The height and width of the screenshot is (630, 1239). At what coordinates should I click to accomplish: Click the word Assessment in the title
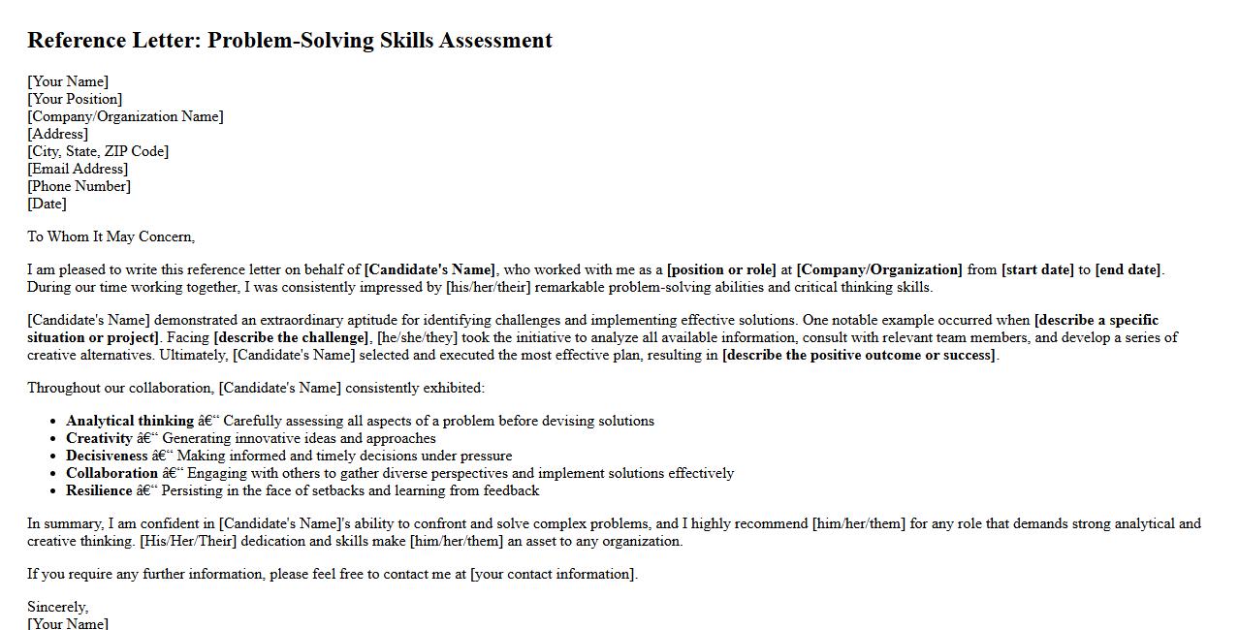click(x=495, y=41)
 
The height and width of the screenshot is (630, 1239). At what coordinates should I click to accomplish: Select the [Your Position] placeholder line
click(x=75, y=99)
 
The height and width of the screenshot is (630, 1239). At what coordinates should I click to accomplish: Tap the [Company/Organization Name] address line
click(x=125, y=116)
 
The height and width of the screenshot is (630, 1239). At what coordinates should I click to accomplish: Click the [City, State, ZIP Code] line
click(x=98, y=151)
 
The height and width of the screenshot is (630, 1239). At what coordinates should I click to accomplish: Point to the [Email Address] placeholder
click(x=78, y=169)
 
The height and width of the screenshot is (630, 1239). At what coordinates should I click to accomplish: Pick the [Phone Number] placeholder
click(x=79, y=186)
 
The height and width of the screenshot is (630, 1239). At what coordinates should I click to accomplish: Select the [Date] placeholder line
click(x=47, y=204)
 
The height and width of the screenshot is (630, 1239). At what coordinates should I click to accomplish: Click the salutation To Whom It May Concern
click(x=111, y=236)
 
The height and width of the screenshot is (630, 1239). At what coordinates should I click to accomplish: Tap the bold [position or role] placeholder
click(x=721, y=269)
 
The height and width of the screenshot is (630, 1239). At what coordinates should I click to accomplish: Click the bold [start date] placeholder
click(x=1037, y=269)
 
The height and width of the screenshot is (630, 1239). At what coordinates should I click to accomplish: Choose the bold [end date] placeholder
click(x=1128, y=269)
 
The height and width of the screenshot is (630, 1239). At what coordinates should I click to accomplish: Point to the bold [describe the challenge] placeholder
click(x=291, y=337)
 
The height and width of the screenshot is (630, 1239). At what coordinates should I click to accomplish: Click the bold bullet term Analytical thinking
click(x=130, y=421)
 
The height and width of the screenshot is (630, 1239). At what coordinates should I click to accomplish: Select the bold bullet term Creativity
click(x=99, y=438)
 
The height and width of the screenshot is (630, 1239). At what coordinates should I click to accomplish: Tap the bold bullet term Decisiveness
click(x=107, y=456)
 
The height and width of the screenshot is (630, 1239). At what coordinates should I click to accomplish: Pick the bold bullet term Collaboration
click(x=111, y=473)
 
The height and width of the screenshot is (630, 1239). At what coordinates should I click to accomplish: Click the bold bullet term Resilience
click(x=99, y=490)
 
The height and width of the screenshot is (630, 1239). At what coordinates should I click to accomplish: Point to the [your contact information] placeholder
click(x=553, y=574)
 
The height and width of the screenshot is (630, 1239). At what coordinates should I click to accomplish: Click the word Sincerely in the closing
click(x=57, y=607)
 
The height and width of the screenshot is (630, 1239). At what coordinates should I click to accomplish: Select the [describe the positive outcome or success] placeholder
click(x=859, y=355)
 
